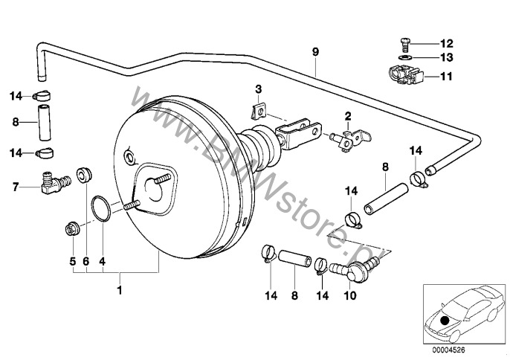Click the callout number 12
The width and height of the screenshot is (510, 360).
pos(447,43)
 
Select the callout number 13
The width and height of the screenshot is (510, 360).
pos(447,57)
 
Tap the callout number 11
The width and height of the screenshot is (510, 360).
pos(446,77)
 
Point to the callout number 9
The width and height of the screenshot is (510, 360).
pos(315,52)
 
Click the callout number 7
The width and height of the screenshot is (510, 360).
pos(16,187)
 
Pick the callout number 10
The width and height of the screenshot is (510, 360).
pos(349,295)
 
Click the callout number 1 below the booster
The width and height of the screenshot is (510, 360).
pos(120,290)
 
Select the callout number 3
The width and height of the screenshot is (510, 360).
pos(258,89)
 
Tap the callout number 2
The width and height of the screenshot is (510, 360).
pos(348,115)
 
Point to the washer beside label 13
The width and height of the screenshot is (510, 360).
pos(405,57)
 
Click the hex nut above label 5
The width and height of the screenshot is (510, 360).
pos(73,229)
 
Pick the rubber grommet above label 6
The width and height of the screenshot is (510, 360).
pos(84,175)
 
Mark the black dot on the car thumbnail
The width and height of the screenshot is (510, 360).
pos(445,321)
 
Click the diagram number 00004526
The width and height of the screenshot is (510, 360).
pos(448,350)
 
